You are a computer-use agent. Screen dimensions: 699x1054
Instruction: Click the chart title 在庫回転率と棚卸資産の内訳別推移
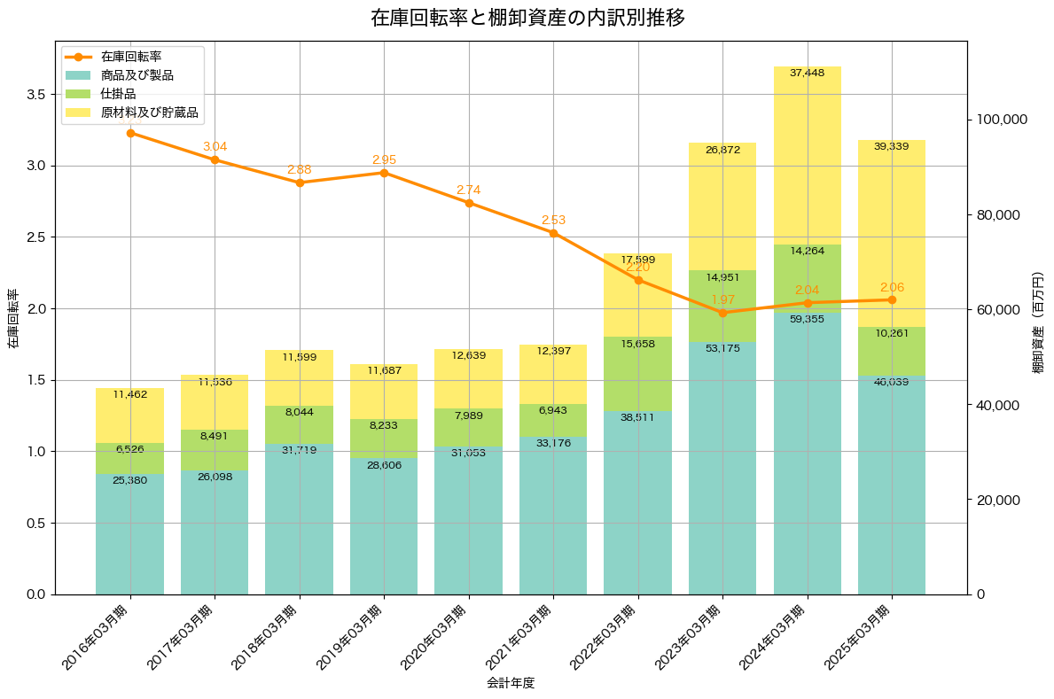527,18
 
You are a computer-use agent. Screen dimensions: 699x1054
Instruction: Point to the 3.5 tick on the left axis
35,94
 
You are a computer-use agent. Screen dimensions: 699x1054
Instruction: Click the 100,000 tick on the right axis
1000,120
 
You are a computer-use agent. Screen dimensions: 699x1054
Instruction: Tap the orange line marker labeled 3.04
215,159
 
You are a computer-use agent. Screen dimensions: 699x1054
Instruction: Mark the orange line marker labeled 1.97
722,313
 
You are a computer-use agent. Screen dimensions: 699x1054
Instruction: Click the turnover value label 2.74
469,190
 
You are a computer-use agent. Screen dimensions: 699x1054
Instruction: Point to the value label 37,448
807,74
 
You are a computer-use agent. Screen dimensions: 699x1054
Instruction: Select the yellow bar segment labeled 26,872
722,206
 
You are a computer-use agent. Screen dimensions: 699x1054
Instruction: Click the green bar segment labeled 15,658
637,374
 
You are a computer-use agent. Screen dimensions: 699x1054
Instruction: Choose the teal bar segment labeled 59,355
807,452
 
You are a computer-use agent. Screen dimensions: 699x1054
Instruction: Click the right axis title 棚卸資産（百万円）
1038,322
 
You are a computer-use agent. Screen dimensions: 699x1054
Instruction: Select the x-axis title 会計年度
511,683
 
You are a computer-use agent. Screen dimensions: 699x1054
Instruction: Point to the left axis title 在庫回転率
12,319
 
